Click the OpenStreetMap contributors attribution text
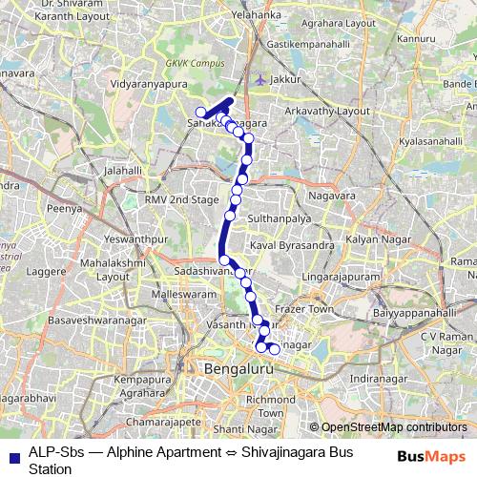point(396,427)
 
